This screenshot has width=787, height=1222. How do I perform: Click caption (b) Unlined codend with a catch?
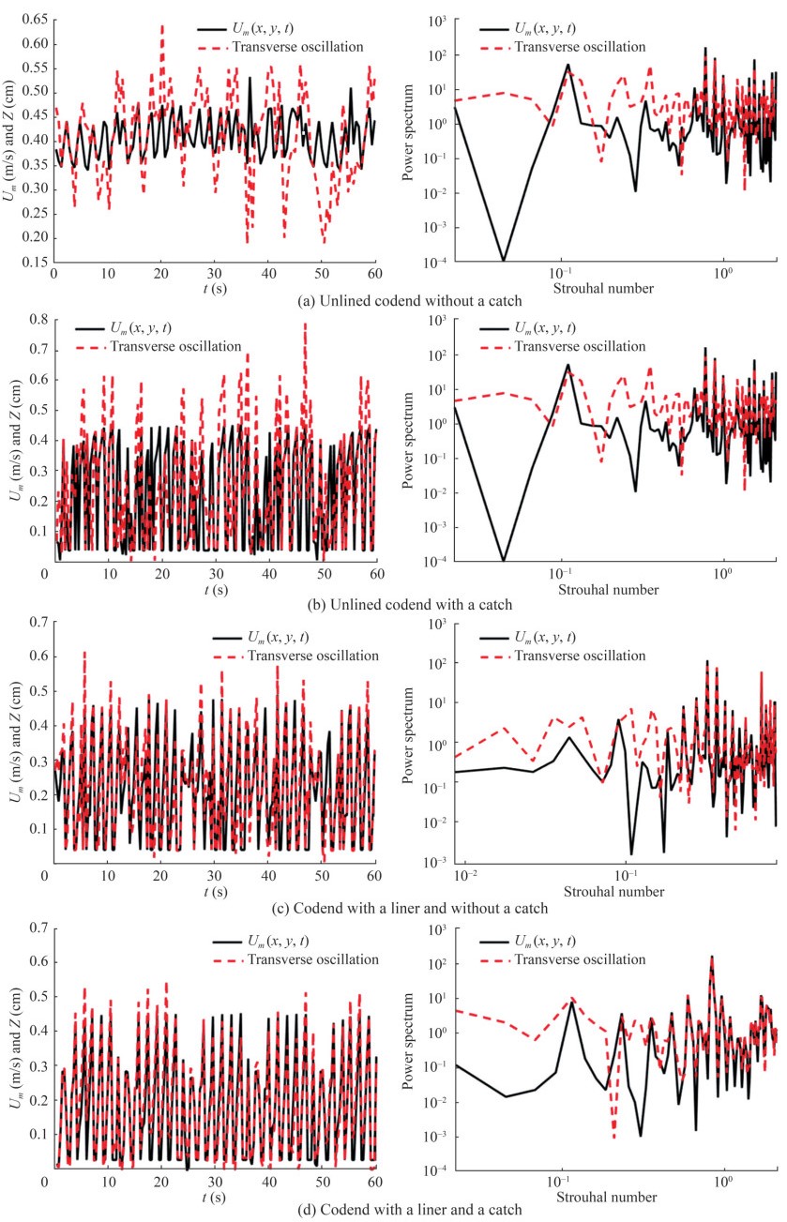click(395, 604)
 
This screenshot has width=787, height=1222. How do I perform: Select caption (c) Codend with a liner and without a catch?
click(395, 907)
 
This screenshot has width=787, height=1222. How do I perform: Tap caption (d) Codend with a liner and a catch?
click(395, 1210)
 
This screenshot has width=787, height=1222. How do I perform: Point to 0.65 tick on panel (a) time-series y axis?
click(35, 20)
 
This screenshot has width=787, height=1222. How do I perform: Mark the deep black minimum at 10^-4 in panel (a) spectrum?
click(504, 260)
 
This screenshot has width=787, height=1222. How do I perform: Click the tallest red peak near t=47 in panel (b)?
click(305, 324)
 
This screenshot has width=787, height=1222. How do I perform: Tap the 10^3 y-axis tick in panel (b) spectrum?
click(433, 321)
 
